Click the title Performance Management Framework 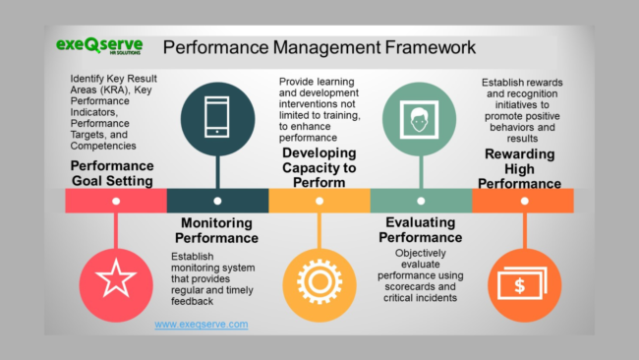tap(319, 47)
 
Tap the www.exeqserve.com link tap(202, 324)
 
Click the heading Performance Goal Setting tap(112, 173)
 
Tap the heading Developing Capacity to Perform tap(318, 167)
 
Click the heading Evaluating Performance tap(420, 230)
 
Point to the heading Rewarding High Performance tap(522, 169)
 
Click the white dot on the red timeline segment tap(116, 201)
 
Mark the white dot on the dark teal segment tap(217, 201)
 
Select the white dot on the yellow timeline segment tap(319, 201)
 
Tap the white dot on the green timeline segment tap(420, 201)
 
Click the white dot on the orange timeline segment tap(522, 201)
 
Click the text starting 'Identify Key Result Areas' tap(112, 111)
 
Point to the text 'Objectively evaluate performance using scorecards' tap(420, 274)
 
